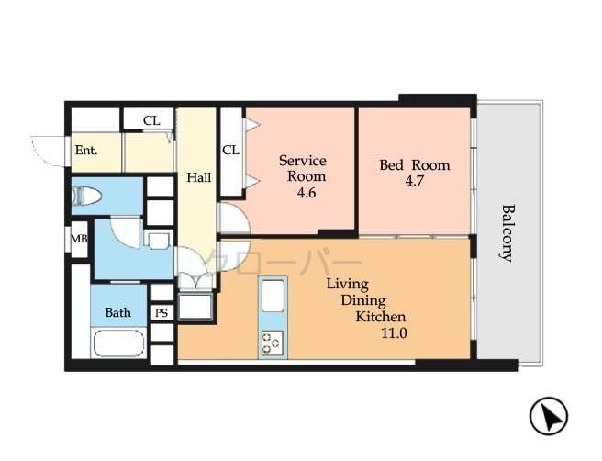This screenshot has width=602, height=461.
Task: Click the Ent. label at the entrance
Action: pos(85,151)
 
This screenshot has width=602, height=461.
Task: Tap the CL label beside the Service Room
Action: pos(230,150)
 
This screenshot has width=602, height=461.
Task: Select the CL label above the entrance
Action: pos(151,120)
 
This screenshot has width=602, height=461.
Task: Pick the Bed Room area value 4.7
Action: pos(414,182)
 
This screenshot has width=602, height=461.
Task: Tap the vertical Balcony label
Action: pos(506,232)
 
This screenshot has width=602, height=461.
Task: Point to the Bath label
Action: pos(117,312)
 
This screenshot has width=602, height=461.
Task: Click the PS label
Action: pos(162,313)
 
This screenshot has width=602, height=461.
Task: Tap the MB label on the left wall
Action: pos(79,240)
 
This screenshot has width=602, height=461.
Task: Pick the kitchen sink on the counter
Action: pos(273,298)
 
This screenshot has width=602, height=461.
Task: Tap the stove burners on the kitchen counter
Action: pos(273,343)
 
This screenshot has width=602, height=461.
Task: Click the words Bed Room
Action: pos(415,165)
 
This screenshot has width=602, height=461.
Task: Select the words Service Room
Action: pos(303,168)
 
